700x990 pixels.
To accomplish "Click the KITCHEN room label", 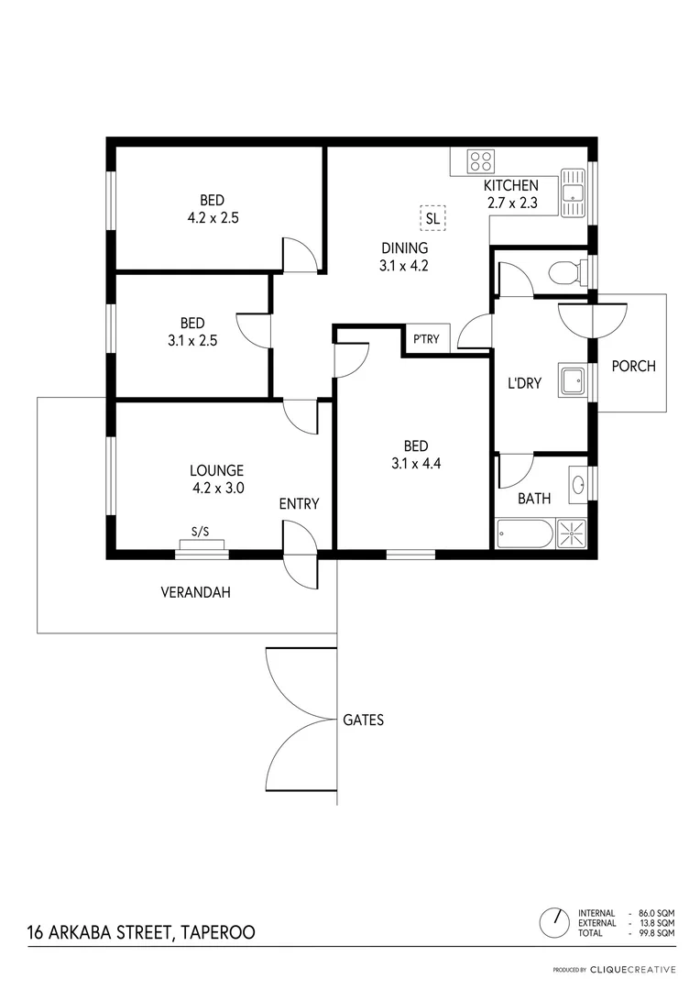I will click(x=510, y=186).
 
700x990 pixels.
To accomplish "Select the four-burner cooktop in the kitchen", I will click(x=481, y=161).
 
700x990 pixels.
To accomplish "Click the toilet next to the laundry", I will click(x=565, y=271).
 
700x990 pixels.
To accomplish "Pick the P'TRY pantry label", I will click(x=426, y=339).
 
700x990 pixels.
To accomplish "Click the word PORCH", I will click(x=633, y=366).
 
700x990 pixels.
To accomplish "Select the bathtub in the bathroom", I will click(x=524, y=533).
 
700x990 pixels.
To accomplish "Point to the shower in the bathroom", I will click(x=572, y=533).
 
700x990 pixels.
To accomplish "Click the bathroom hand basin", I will click(x=578, y=483).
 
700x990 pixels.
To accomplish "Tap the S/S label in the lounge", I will click(x=200, y=532).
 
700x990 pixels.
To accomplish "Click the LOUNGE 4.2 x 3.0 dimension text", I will click(x=218, y=489).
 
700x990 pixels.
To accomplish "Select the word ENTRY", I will click(x=299, y=503).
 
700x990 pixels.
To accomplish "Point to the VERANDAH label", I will click(x=195, y=592).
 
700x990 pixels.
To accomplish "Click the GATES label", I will click(x=363, y=720).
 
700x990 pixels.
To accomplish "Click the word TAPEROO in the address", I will click(x=217, y=932).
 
